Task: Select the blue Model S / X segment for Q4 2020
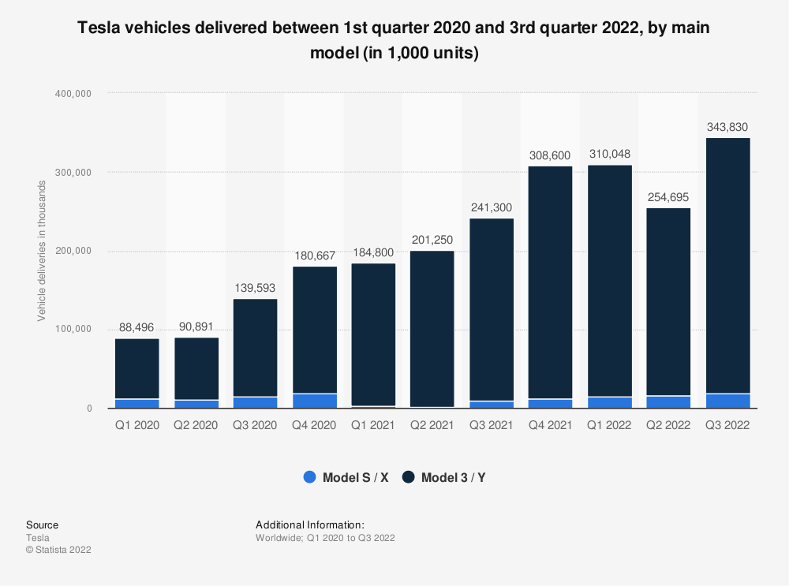click(314, 401)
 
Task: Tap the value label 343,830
click(727, 127)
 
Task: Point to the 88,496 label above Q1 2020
click(137, 327)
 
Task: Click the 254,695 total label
click(668, 197)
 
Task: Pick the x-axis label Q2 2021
click(432, 424)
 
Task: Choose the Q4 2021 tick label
click(551, 424)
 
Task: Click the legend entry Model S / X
click(346, 477)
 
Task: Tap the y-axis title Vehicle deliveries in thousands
click(41, 251)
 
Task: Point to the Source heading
click(42, 524)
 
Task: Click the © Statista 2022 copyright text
click(58, 550)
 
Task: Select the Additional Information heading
click(309, 524)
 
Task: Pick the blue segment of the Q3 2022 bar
click(727, 401)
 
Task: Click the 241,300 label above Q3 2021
click(492, 207)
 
